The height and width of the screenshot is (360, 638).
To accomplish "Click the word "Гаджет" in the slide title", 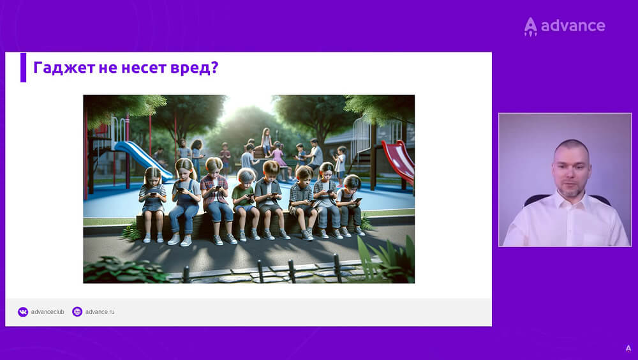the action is (64, 68).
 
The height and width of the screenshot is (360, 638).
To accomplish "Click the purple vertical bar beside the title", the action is (23, 67).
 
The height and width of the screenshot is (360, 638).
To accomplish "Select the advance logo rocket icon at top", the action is (530, 26).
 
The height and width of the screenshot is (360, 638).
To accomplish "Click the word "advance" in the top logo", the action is (573, 26).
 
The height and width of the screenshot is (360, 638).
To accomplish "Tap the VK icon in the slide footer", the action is (23, 312).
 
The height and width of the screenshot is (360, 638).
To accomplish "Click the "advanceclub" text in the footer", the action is (48, 312).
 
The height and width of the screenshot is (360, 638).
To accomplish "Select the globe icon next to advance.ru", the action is (77, 311).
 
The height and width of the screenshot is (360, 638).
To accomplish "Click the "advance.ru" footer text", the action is (100, 312).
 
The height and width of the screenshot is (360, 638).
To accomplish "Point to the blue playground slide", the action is (142, 160).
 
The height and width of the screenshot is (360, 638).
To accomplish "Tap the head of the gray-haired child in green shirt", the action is (246, 176).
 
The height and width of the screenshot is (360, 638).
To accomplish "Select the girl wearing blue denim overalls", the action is (185, 202).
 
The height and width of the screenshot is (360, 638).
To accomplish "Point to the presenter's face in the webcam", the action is (571, 168).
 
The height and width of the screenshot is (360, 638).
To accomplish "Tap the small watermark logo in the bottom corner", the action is (628, 349).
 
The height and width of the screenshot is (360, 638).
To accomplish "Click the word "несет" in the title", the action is (144, 68).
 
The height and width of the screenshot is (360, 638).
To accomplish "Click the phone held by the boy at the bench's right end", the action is (359, 200).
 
